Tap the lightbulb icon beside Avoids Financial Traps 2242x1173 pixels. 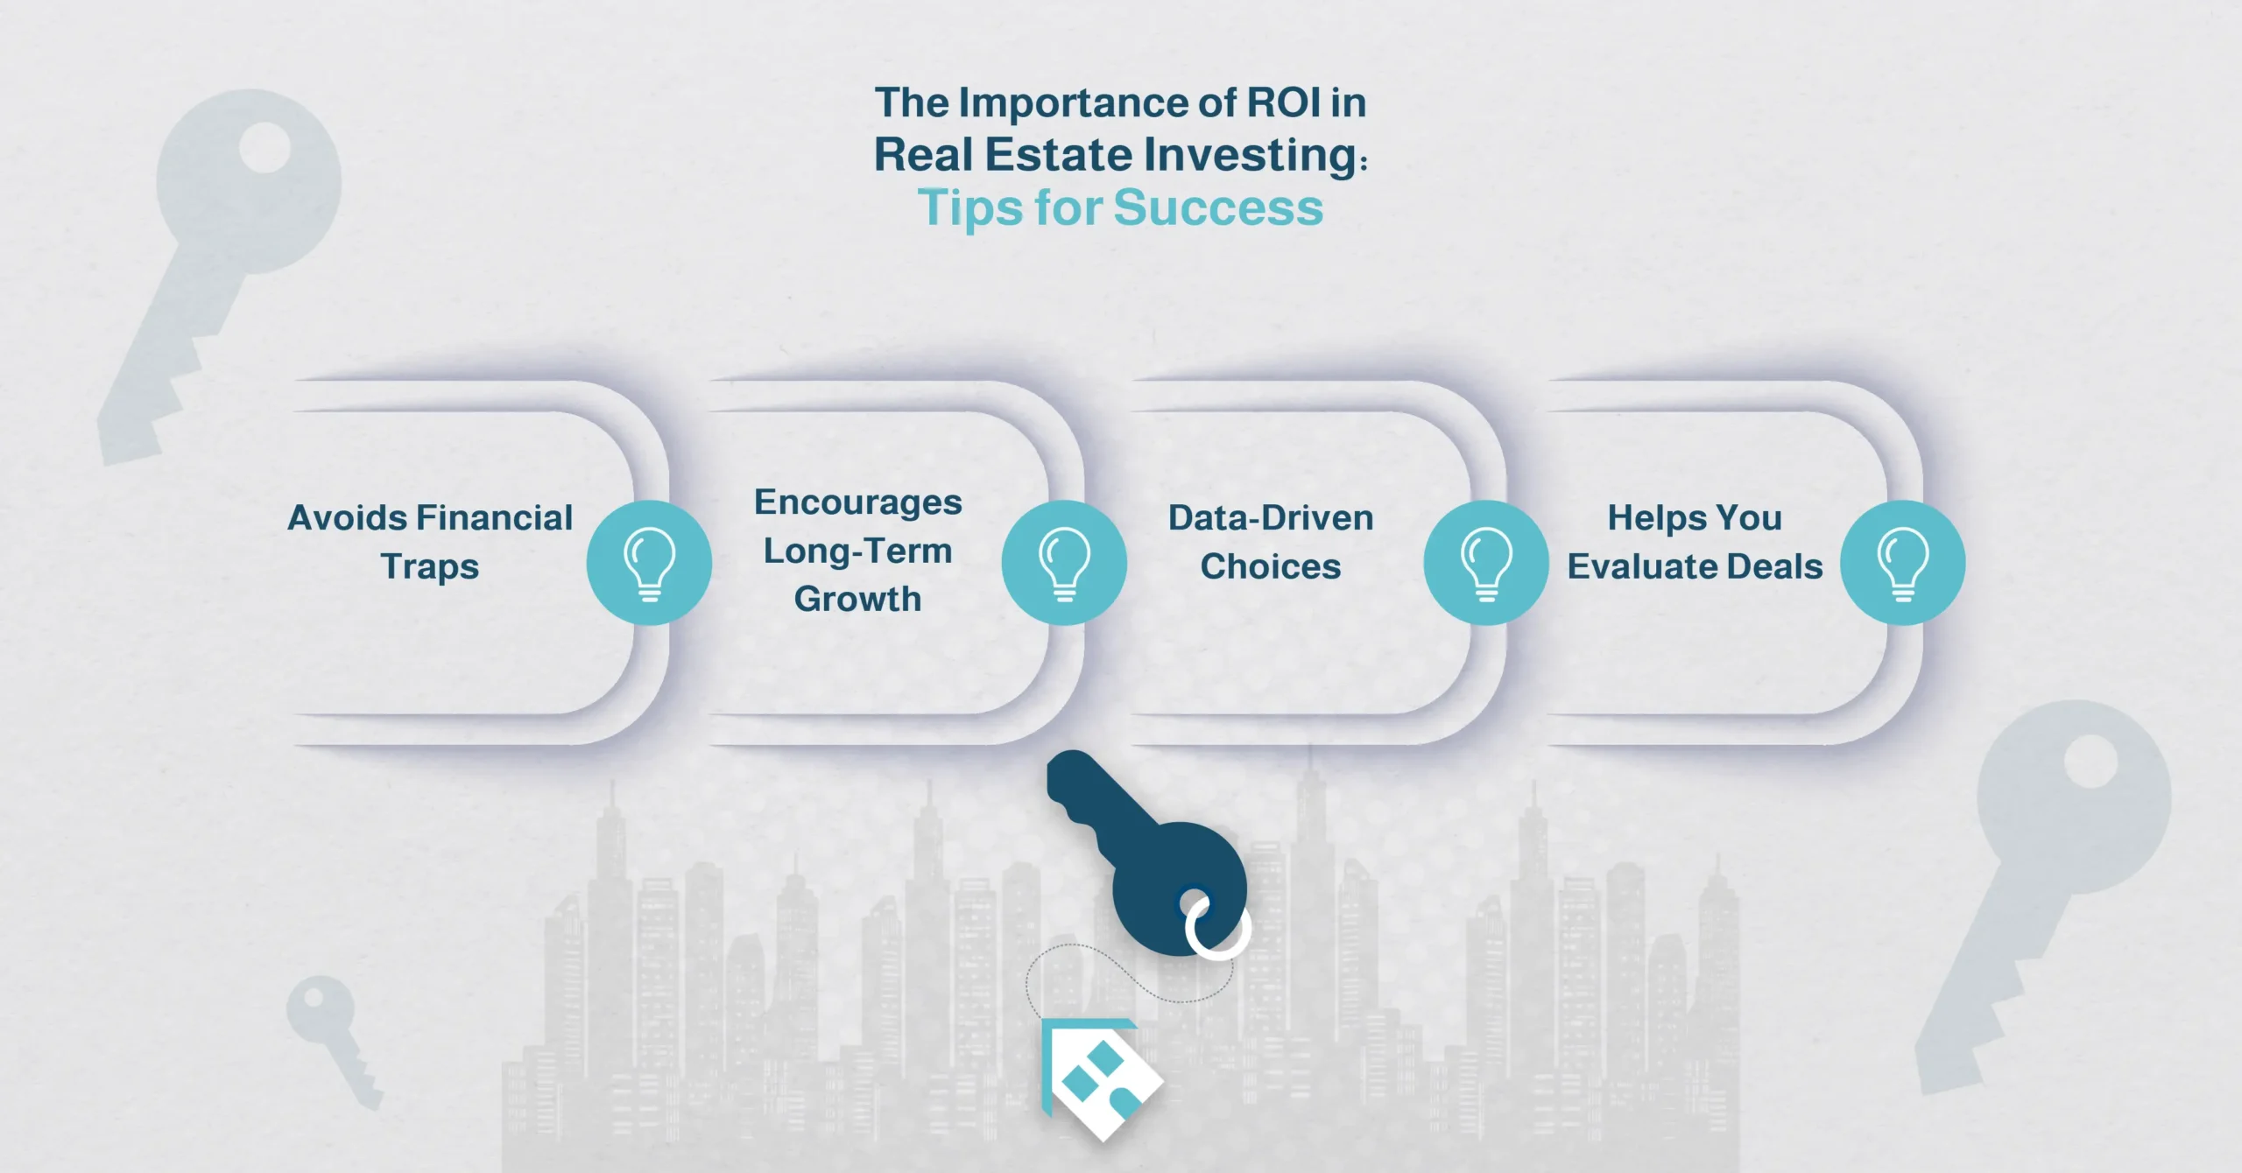[649, 563]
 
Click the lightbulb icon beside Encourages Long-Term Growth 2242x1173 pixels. [1064, 563]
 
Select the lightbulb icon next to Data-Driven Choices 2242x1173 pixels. [1486, 563]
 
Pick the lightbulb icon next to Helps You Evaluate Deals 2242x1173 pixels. [1902, 563]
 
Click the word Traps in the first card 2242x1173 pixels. [430, 567]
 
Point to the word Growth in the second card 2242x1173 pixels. [857, 600]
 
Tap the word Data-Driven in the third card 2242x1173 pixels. [1270, 518]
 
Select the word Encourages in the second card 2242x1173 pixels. [857, 502]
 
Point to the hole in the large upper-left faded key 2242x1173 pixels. [264, 147]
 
